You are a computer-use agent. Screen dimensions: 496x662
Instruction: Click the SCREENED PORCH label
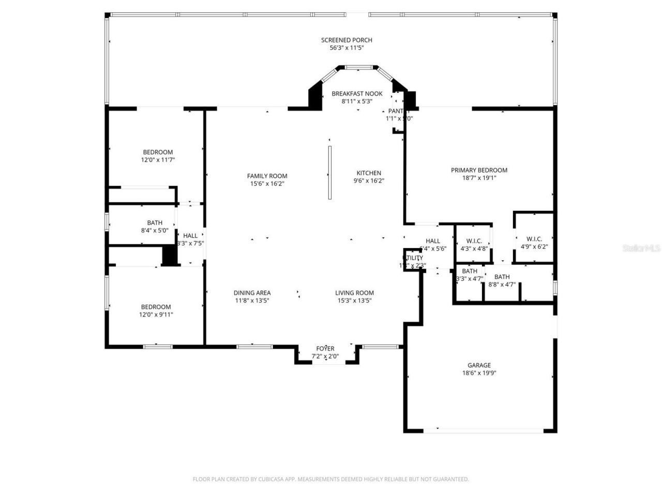pyautogui.click(x=347, y=40)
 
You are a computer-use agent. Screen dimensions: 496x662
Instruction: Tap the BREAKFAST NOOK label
pyautogui.click(x=357, y=94)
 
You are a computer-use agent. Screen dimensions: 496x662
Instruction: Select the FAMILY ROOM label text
pyautogui.click(x=267, y=176)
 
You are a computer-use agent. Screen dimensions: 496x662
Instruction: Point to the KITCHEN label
pyautogui.click(x=369, y=173)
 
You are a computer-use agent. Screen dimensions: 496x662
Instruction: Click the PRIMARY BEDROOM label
pyautogui.click(x=479, y=170)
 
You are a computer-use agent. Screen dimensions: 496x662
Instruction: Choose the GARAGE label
pyautogui.click(x=479, y=365)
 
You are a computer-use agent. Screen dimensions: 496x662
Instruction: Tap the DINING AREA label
pyautogui.click(x=252, y=293)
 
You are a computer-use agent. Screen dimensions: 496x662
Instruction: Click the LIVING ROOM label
pyautogui.click(x=354, y=293)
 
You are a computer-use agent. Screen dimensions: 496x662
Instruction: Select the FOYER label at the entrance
pyautogui.click(x=325, y=349)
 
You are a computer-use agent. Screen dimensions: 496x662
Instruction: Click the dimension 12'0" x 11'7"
pyautogui.click(x=158, y=160)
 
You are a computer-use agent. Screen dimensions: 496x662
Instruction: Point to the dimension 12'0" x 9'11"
pyautogui.click(x=156, y=315)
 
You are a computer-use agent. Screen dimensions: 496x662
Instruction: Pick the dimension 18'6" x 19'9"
pyautogui.click(x=479, y=373)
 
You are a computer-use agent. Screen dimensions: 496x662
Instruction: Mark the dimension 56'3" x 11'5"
pyautogui.click(x=347, y=48)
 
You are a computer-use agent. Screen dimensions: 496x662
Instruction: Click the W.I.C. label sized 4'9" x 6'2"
pyautogui.click(x=534, y=239)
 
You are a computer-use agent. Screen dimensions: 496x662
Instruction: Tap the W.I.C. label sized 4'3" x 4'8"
pyautogui.click(x=474, y=241)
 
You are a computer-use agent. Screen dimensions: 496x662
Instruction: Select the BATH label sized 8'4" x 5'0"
pyautogui.click(x=155, y=223)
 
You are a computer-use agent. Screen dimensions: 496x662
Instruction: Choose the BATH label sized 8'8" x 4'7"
pyautogui.click(x=502, y=277)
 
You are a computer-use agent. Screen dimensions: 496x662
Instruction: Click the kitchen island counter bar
pyautogui.click(x=329, y=172)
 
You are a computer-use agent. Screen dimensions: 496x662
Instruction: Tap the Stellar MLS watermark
pyautogui.click(x=641, y=249)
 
